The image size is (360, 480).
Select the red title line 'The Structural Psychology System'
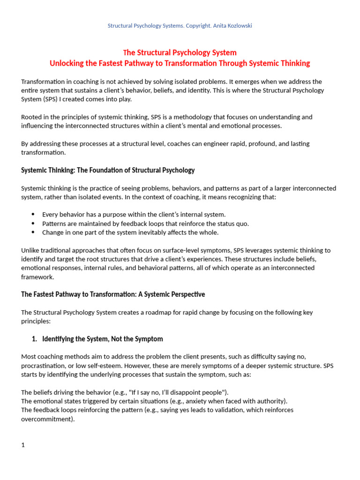[180, 52]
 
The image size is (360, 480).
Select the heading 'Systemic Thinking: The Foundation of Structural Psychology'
[108, 170]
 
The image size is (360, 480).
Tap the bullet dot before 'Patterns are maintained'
[33, 224]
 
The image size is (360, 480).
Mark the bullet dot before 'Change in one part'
[33, 232]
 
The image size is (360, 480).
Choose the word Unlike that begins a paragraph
[30, 250]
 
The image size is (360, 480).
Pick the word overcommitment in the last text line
[47, 419]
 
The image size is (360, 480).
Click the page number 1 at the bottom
[23, 445]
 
